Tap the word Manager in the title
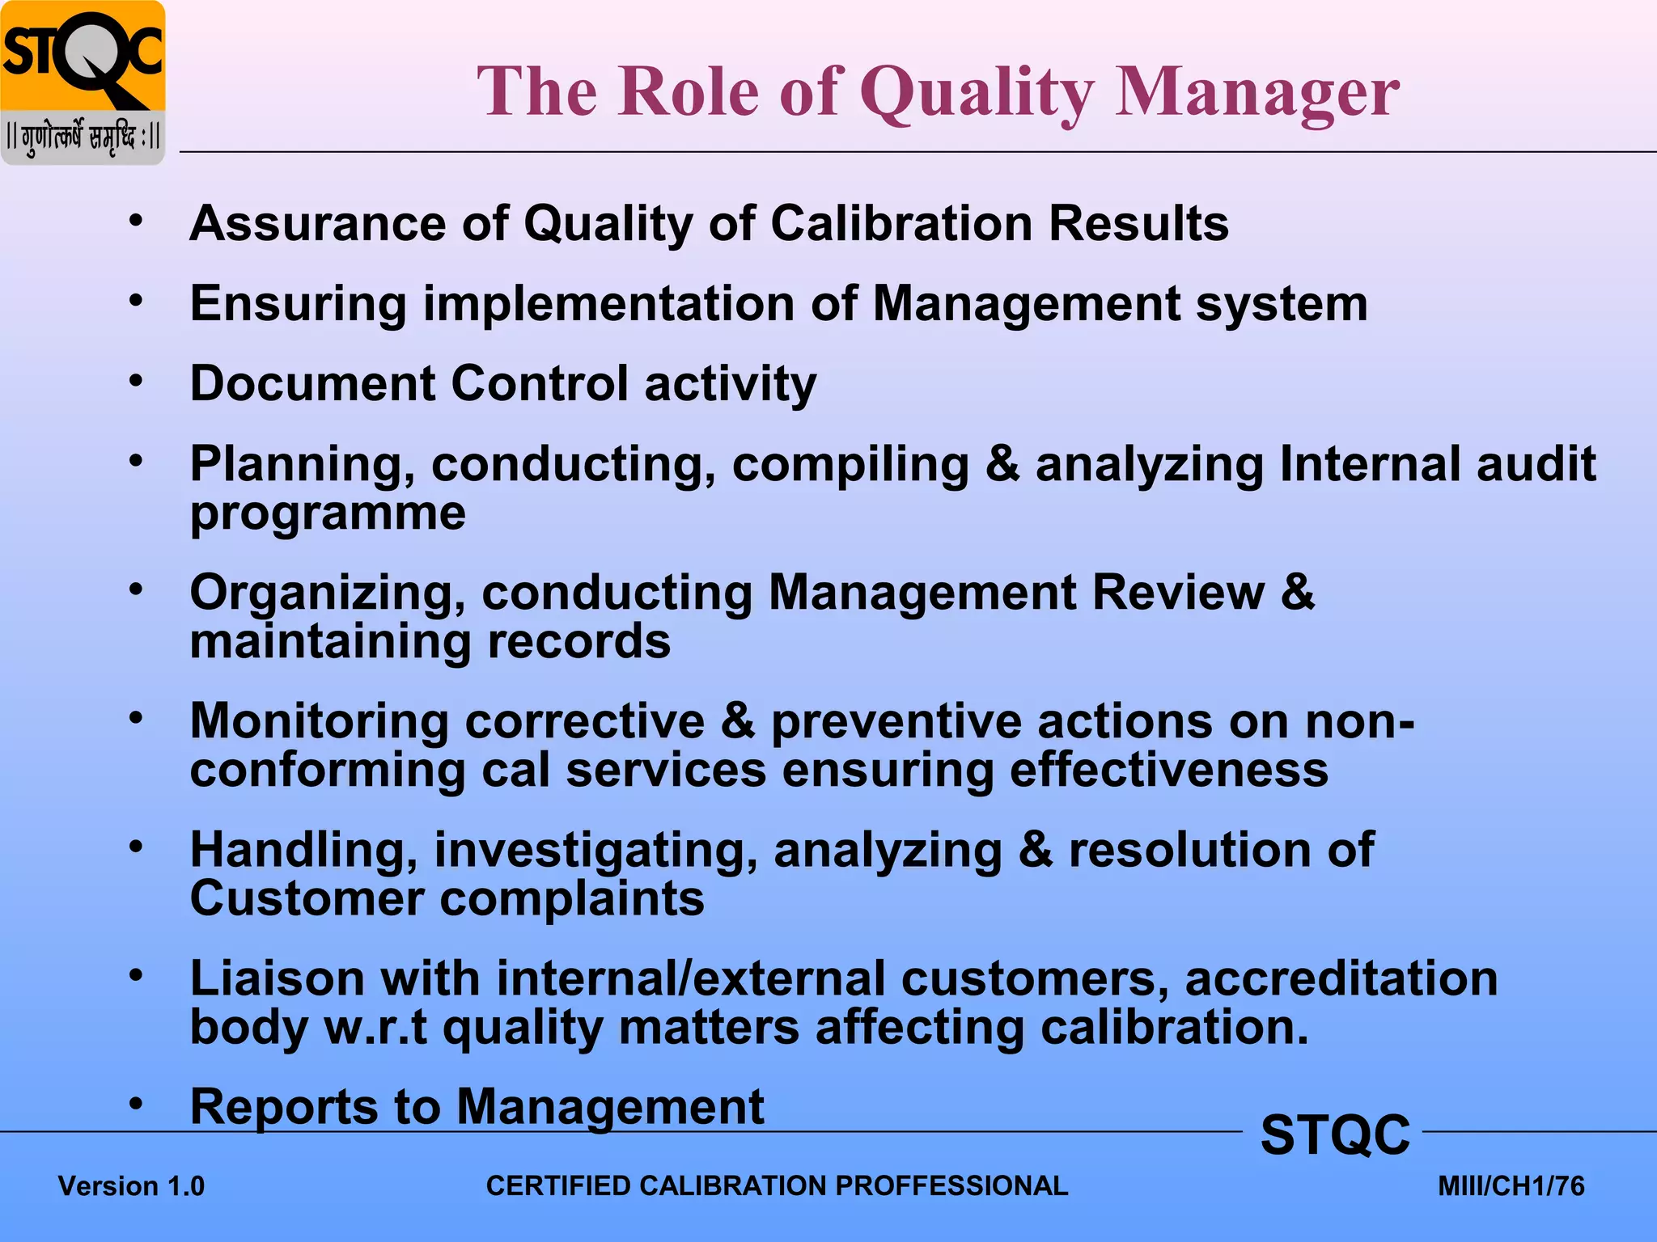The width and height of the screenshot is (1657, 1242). click(1257, 93)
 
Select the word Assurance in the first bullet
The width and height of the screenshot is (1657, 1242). click(316, 223)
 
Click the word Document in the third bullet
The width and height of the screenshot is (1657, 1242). click(312, 383)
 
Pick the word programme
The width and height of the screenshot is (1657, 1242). click(328, 513)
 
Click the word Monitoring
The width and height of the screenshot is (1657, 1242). click(319, 720)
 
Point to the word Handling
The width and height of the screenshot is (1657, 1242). click(304, 850)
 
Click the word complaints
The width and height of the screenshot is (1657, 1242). click(571, 898)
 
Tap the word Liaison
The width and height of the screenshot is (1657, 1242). click(278, 978)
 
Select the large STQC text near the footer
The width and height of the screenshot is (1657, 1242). click(1335, 1134)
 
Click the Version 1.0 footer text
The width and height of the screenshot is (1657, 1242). click(131, 1186)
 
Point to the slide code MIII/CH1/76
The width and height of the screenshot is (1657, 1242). click(1511, 1186)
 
